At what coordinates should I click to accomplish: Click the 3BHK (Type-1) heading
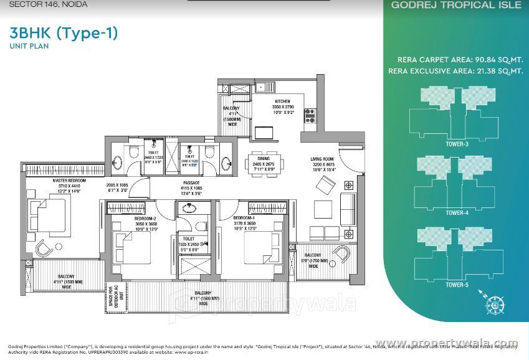pyautogui.click(x=64, y=32)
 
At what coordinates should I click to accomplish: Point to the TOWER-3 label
pyautogui.click(x=457, y=144)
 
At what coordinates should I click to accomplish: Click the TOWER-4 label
pyautogui.click(x=457, y=213)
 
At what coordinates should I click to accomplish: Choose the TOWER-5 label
pyautogui.click(x=457, y=285)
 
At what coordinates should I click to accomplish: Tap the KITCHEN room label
pyautogui.click(x=282, y=101)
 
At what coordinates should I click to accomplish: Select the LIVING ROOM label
pyautogui.click(x=323, y=159)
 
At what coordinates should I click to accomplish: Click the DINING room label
pyautogui.click(x=266, y=159)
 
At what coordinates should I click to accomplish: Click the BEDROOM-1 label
pyautogui.click(x=244, y=219)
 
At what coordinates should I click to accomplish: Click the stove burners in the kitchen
pyautogui.click(x=310, y=115)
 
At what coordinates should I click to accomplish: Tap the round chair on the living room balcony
pyautogui.click(x=342, y=253)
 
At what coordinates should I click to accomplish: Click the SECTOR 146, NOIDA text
pyautogui.click(x=48, y=4)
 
